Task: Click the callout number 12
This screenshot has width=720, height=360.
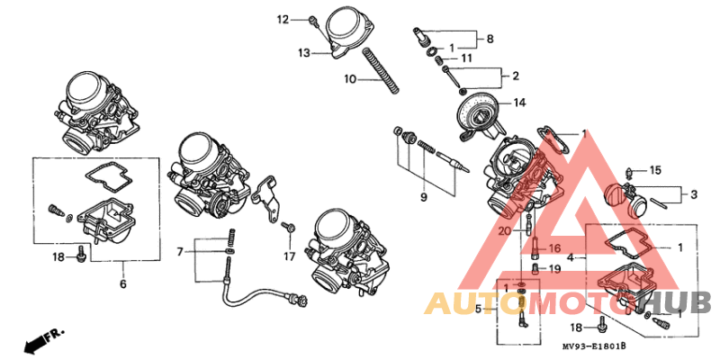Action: click(x=282, y=19)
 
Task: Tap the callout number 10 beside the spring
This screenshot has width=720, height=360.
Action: click(x=349, y=80)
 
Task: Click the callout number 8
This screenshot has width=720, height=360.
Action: click(x=490, y=39)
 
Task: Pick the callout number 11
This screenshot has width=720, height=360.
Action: click(x=466, y=58)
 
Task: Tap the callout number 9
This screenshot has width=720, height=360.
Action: click(x=423, y=197)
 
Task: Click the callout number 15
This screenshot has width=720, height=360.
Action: click(x=655, y=170)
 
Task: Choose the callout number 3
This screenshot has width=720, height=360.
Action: click(x=694, y=193)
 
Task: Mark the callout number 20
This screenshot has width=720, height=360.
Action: click(x=506, y=231)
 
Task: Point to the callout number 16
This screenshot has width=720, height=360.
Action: click(x=554, y=247)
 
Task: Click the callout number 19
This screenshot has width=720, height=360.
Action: click(x=554, y=268)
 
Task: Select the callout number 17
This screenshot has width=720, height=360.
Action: click(x=290, y=256)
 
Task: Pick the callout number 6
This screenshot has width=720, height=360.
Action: click(x=123, y=284)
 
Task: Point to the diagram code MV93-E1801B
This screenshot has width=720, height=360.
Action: click(x=593, y=346)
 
